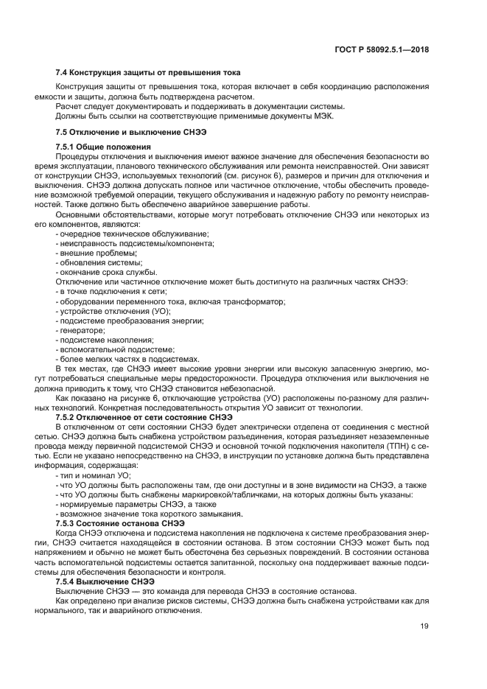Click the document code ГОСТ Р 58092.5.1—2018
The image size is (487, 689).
point(382,49)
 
